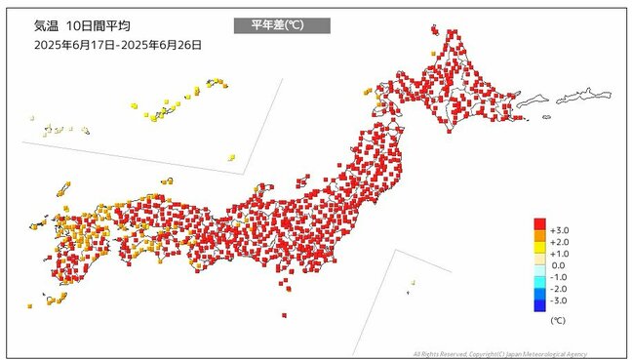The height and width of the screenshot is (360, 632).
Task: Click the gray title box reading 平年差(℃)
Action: tap(282, 25)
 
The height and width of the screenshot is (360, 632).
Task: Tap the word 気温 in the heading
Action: tap(46, 25)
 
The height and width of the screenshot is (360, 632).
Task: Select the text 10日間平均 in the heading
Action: tap(101, 25)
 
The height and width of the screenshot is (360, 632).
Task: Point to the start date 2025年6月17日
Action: tap(73, 45)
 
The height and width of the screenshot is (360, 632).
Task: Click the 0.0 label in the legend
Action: tap(559, 265)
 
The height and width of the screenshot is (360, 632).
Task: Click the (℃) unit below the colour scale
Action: tap(557, 319)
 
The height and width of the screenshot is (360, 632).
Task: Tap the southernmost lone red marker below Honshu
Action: tap(283, 315)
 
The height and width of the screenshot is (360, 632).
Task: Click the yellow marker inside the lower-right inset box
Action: tap(413, 283)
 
